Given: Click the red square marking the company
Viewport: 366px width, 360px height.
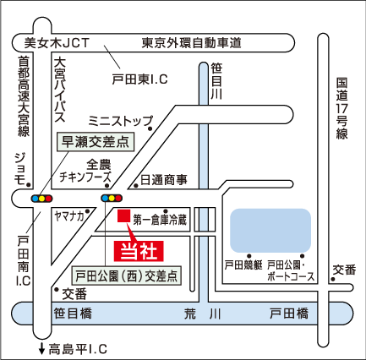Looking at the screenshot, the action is [x=123, y=215].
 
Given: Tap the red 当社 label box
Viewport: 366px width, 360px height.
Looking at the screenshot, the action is [x=139, y=251].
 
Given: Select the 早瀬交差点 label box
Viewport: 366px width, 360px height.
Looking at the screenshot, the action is [x=96, y=142].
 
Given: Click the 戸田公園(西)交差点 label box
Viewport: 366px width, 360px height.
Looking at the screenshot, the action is [x=127, y=275].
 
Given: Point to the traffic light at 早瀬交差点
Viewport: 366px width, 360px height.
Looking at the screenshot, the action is [x=41, y=199].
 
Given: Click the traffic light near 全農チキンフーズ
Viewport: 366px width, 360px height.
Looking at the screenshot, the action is [x=112, y=198].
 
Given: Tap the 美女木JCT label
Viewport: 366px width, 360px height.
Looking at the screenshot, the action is [x=57, y=43].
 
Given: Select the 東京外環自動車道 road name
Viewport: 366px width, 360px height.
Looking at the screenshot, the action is [x=191, y=43].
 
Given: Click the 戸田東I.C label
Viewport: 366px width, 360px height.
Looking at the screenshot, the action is [x=139, y=79].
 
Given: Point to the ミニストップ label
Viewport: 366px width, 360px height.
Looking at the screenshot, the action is [x=121, y=121].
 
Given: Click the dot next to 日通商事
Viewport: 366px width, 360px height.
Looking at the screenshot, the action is [x=136, y=186].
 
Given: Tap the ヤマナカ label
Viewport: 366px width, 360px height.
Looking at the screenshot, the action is [x=69, y=216].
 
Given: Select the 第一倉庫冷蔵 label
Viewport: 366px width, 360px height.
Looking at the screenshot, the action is [x=160, y=220].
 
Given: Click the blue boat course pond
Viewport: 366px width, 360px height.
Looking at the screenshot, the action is [x=270, y=231].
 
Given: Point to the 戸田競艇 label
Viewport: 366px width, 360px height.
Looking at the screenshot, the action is [x=243, y=265].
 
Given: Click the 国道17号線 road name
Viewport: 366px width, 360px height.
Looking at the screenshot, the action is [x=341, y=108].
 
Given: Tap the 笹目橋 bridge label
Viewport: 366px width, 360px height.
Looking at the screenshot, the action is [x=73, y=314].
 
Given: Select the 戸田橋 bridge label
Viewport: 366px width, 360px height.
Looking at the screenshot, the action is [x=289, y=314].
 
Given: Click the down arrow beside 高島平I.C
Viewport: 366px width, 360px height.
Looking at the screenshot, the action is [x=41, y=348].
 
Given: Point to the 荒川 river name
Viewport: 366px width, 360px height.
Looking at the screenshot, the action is [x=203, y=314].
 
